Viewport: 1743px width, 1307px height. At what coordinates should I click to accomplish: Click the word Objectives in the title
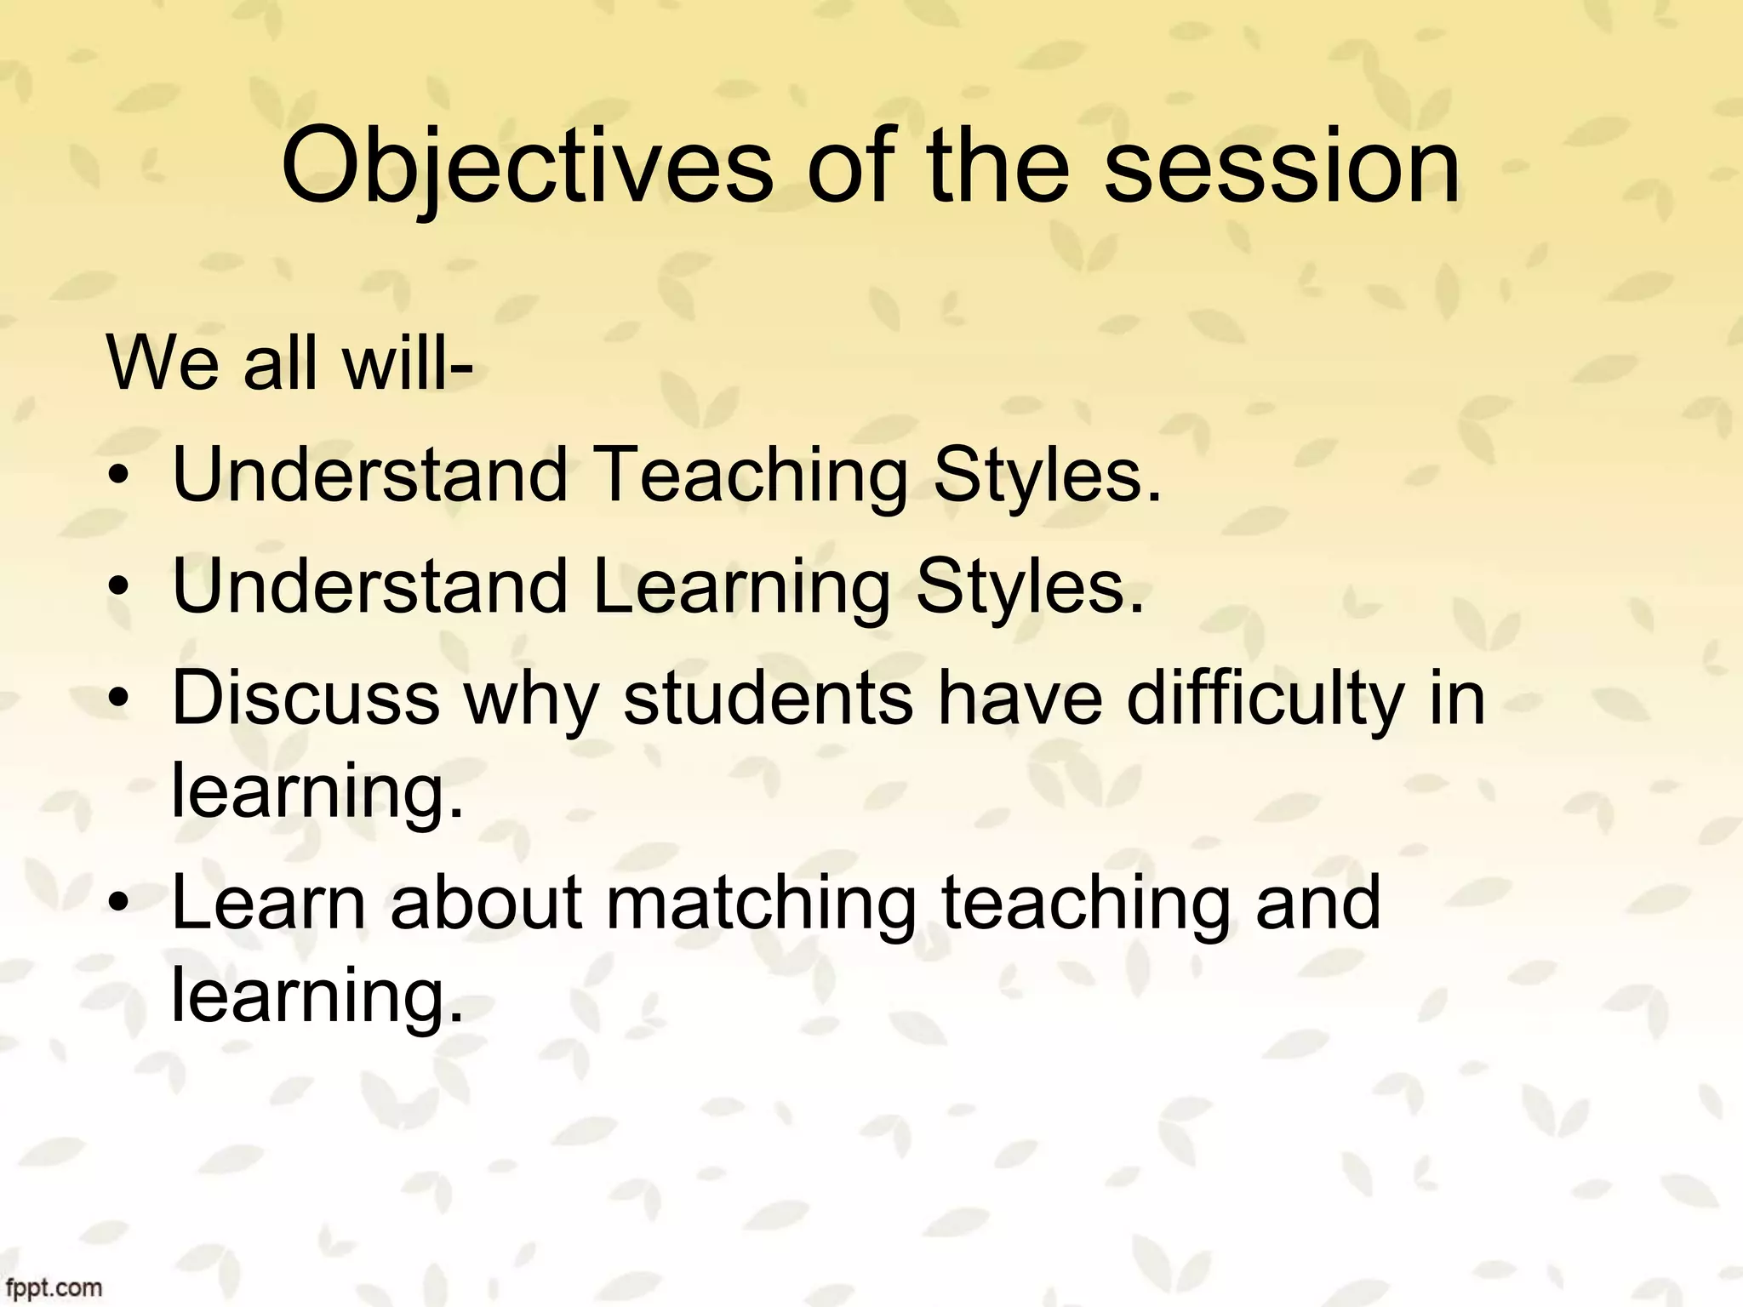[x=526, y=167]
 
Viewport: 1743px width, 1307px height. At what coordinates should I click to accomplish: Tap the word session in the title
[x=1282, y=167]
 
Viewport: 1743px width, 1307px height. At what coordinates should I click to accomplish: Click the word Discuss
[x=306, y=699]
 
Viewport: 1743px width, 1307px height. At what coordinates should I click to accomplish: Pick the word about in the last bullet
[x=486, y=904]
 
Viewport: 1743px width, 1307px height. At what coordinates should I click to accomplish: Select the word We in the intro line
[x=163, y=364]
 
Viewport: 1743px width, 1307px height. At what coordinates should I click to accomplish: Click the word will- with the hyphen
[x=408, y=364]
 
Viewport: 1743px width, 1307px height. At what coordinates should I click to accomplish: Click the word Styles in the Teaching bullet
[x=1047, y=475]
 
